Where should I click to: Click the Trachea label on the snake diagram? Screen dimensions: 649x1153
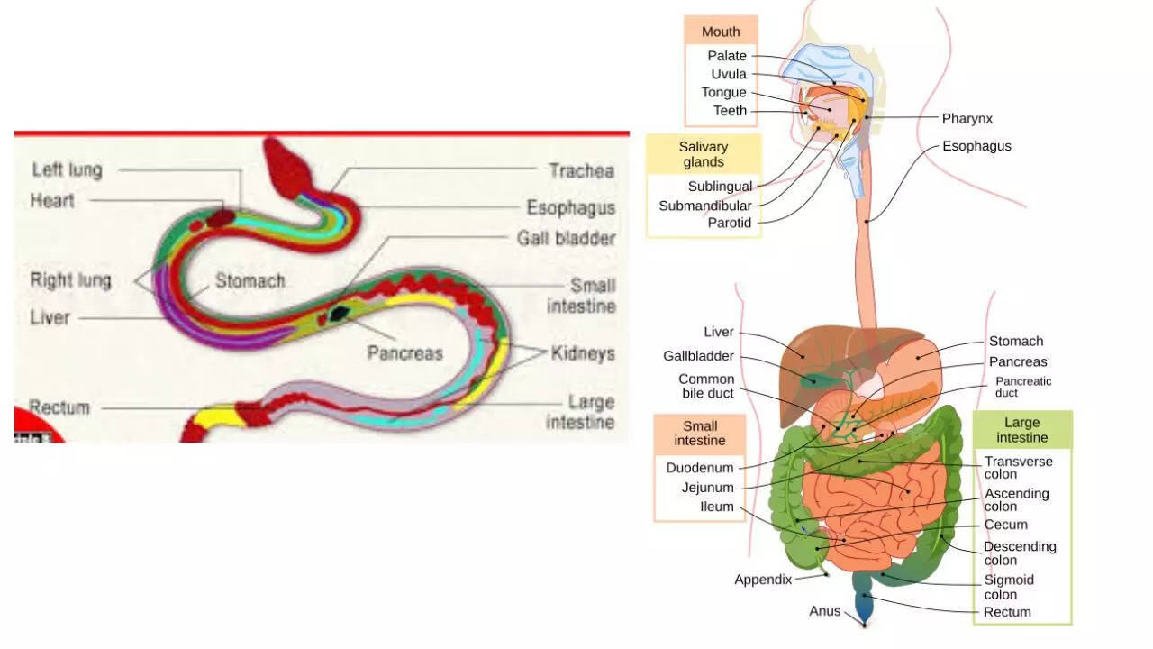[x=581, y=170]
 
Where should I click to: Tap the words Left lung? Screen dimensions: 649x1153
[x=67, y=169]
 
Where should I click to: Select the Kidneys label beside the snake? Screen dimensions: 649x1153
[x=583, y=352]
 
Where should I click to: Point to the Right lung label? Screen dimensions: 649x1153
[x=70, y=280]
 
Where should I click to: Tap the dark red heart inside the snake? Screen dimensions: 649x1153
[x=222, y=217]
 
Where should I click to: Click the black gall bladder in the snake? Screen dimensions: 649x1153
[x=340, y=314]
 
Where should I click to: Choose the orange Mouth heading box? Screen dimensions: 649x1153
[x=721, y=32]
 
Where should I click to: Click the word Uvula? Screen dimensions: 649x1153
[x=729, y=74]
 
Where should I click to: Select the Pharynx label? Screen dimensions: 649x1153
[x=967, y=118]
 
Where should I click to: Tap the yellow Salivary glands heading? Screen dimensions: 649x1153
[x=704, y=154]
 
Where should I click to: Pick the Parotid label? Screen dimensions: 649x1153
[x=729, y=223]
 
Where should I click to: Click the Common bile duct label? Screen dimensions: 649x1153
[x=706, y=386]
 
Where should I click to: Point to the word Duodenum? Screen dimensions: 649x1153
[x=700, y=468]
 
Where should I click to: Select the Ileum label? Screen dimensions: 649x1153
[x=717, y=507]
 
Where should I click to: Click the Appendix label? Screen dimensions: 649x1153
[x=763, y=580]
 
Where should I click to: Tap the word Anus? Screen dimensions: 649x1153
[x=824, y=611]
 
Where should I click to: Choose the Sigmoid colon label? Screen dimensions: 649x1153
[x=1009, y=587]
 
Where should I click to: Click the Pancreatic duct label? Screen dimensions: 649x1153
[x=1023, y=387]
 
